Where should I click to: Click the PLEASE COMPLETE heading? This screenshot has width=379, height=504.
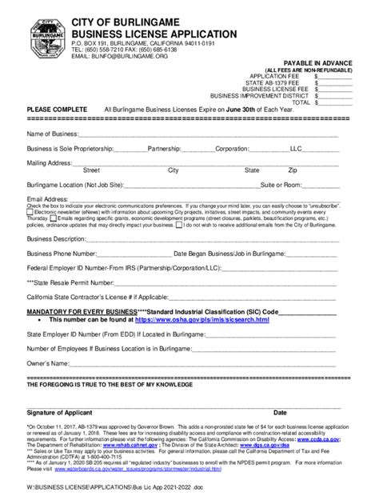tap(57, 110)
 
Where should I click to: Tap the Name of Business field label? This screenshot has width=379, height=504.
tap(52, 133)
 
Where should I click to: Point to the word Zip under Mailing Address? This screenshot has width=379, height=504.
tap(293, 170)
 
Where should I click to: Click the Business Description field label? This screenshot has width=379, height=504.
tap(56, 238)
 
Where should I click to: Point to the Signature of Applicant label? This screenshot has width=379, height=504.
tap(68, 413)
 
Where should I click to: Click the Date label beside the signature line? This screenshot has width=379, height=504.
tap(280, 413)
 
